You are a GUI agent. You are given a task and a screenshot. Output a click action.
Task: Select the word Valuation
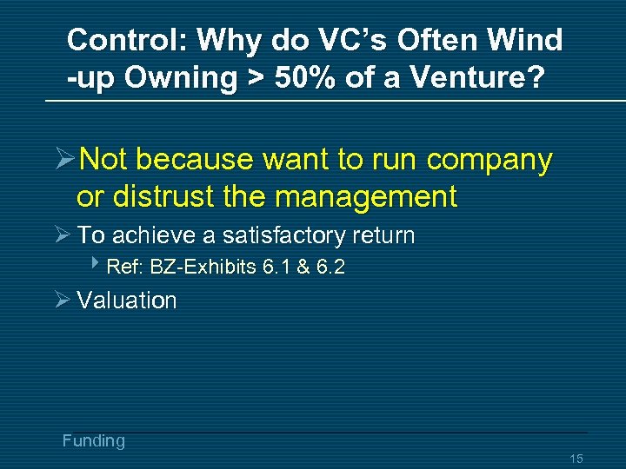pyautogui.click(x=127, y=301)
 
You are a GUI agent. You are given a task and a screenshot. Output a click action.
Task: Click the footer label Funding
pyautogui.click(x=93, y=441)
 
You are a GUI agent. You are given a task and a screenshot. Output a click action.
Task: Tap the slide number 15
pyautogui.click(x=576, y=459)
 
